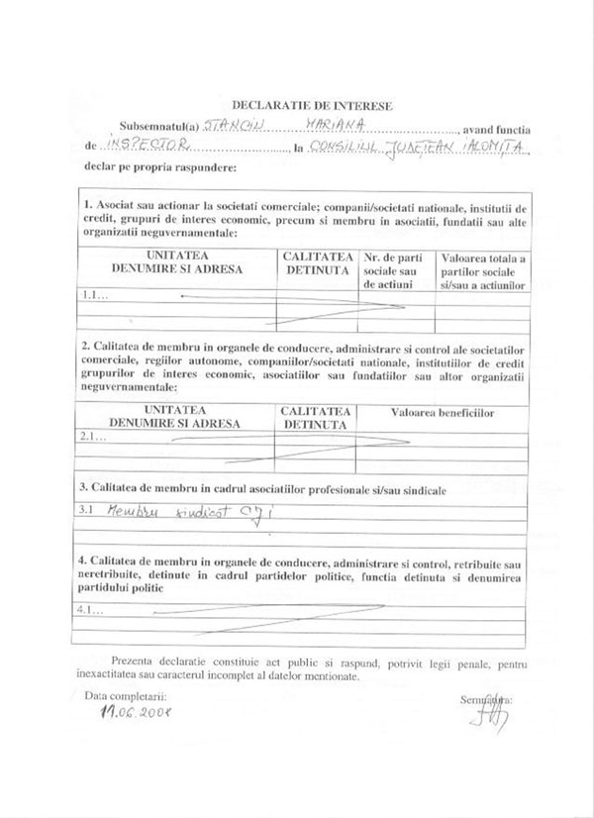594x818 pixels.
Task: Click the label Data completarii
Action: point(126,696)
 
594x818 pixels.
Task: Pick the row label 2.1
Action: point(92,437)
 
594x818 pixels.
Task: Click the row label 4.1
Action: point(91,610)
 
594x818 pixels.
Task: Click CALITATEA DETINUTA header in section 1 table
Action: point(317,262)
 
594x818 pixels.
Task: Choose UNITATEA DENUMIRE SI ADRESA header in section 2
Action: point(175,416)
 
